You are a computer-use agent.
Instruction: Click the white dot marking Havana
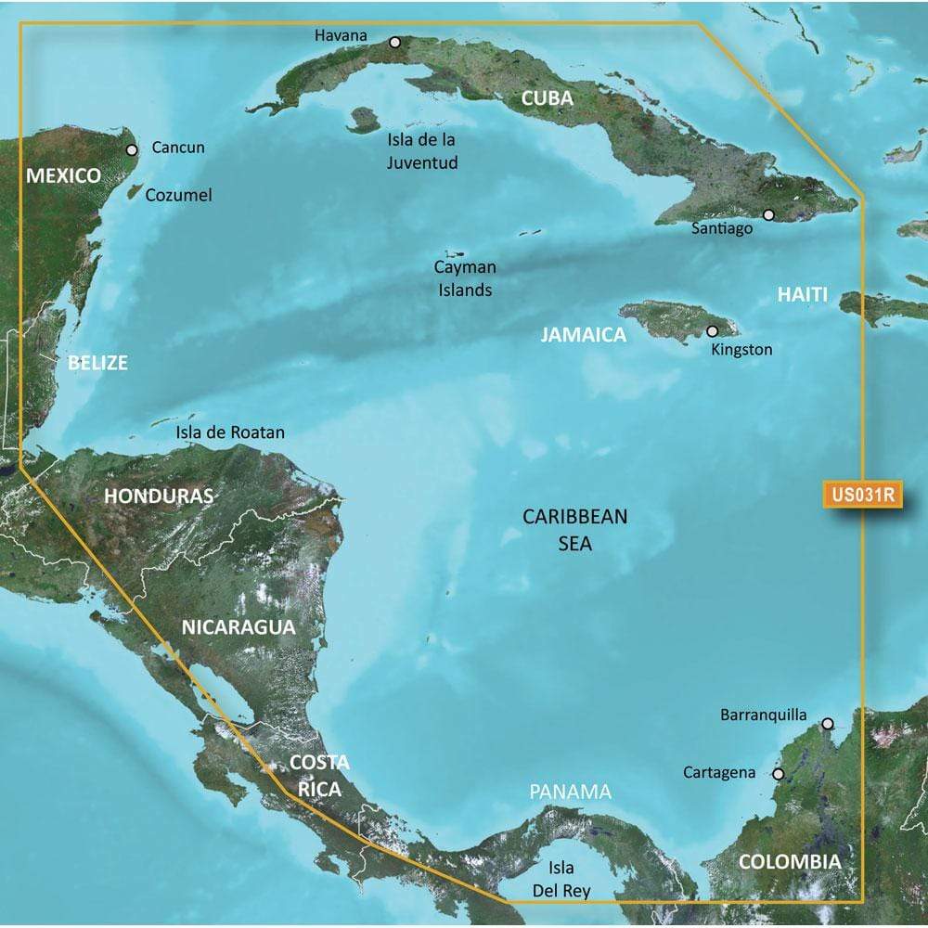click(394, 42)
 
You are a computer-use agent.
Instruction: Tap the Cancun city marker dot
click(132, 148)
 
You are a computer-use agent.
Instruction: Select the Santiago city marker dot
click(768, 214)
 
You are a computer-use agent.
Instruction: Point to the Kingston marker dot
click(713, 330)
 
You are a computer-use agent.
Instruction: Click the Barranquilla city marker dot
click(828, 723)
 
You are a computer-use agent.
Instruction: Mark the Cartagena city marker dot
click(778, 773)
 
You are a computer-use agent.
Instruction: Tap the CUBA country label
click(546, 98)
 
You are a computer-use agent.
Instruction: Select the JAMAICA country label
click(584, 335)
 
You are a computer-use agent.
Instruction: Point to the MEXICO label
click(63, 174)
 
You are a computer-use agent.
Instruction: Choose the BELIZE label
click(97, 363)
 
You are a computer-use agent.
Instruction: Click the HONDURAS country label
click(159, 496)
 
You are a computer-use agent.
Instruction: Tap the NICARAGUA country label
click(238, 626)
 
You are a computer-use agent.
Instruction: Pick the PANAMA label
click(571, 792)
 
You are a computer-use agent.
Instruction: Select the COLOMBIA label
click(790, 861)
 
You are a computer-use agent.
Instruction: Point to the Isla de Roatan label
click(231, 432)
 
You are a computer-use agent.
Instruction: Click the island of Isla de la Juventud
click(363, 119)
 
